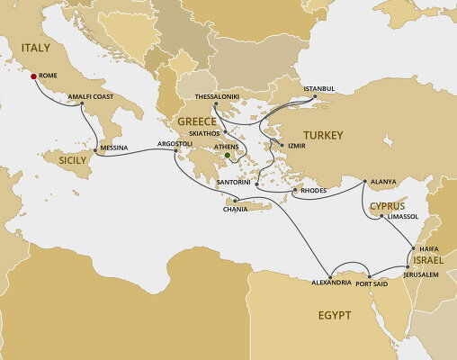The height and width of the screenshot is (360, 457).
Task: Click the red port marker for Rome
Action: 33,76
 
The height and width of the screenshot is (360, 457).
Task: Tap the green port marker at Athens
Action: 228,155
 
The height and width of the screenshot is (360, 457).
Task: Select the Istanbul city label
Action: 319,88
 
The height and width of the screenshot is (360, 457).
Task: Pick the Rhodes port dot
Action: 295,190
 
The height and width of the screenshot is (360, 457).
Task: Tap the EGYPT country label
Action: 333,315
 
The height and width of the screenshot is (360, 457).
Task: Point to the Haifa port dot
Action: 413,247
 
